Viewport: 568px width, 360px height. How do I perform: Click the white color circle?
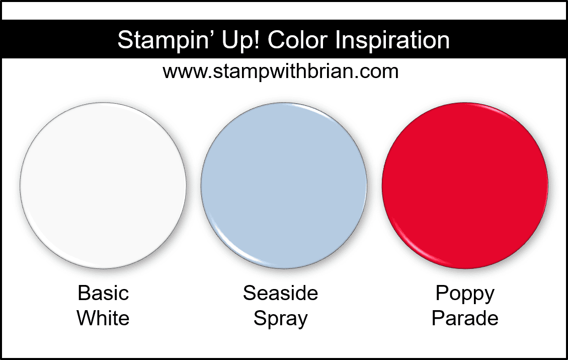click(103, 186)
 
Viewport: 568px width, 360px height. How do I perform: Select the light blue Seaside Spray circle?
click(284, 186)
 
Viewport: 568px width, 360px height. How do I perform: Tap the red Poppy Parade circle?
click(465, 186)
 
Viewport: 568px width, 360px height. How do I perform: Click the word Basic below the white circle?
click(103, 293)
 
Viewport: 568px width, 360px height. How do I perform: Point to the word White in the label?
click(103, 318)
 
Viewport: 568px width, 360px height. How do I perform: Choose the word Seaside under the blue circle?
click(281, 293)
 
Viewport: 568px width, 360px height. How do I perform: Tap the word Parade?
click(465, 318)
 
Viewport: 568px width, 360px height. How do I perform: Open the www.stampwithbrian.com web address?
click(281, 71)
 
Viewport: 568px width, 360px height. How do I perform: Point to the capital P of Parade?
click(438, 318)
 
